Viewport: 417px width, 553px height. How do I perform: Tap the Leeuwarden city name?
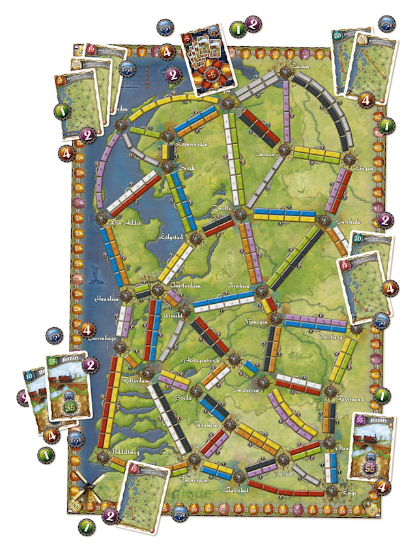pos(194,144)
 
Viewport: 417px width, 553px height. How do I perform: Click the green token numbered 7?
pos(86,527)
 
